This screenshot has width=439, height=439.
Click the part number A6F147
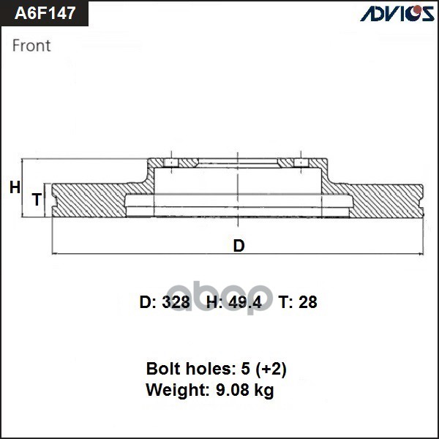[x=45, y=13]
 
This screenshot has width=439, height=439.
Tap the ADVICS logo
[x=395, y=14]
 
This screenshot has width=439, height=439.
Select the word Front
[x=31, y=45]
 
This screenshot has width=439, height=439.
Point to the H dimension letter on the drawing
[x=15, y=188]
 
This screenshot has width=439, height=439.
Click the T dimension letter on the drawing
[x=36, y=200]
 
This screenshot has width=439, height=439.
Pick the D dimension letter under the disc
[x=239, y=246]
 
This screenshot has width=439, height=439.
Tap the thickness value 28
[x=307, y=302]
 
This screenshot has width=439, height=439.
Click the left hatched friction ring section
[x=88, y=200]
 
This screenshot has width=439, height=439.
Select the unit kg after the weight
[x=263, y=391]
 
